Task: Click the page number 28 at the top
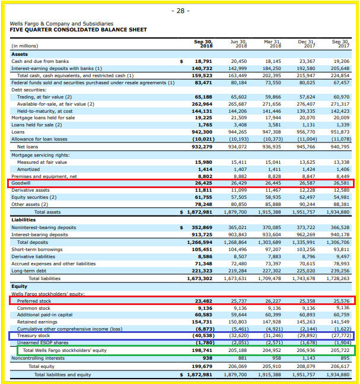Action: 180,11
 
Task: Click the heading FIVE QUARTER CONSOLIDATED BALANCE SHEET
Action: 78,30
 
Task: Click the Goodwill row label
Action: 21,183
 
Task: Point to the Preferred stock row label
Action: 34,301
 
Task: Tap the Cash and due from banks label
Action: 40,61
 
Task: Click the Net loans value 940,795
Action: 341,147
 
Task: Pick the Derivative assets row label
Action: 30,190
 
